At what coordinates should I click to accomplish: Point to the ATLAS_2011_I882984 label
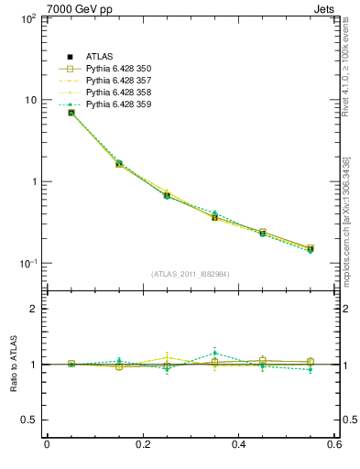pyautogui.click(x=190, y=274)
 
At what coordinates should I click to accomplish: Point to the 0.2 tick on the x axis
pyautogui.click(x=142, y=445)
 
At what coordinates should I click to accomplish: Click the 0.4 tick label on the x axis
pyautogui.click(x=238, y=445)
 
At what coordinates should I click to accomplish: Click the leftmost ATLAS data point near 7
pyautogui.click(x=71, y=113)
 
